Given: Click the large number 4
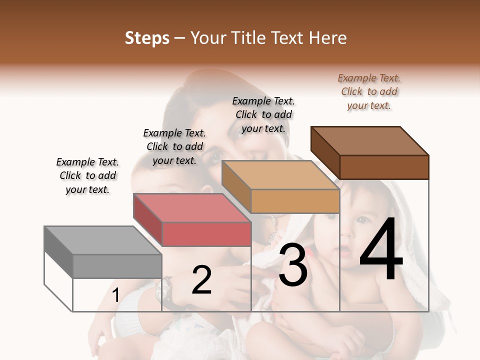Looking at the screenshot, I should click(x=381, y=251).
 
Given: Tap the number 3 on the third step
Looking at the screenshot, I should click(x=293, y=264).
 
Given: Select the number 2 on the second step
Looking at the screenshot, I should click(x=201, y=280).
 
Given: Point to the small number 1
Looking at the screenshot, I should click(x=115, y=295).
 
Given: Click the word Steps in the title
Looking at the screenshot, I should click(x=147, y=38).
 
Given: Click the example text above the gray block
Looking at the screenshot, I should click(x=87, y=176).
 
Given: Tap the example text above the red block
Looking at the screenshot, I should click(x=174, y=147).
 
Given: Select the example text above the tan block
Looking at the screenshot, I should click(x=263, y=114).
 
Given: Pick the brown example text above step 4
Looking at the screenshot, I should click(x=369, y=92).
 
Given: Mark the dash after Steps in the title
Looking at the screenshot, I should click(x=179, y=38).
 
